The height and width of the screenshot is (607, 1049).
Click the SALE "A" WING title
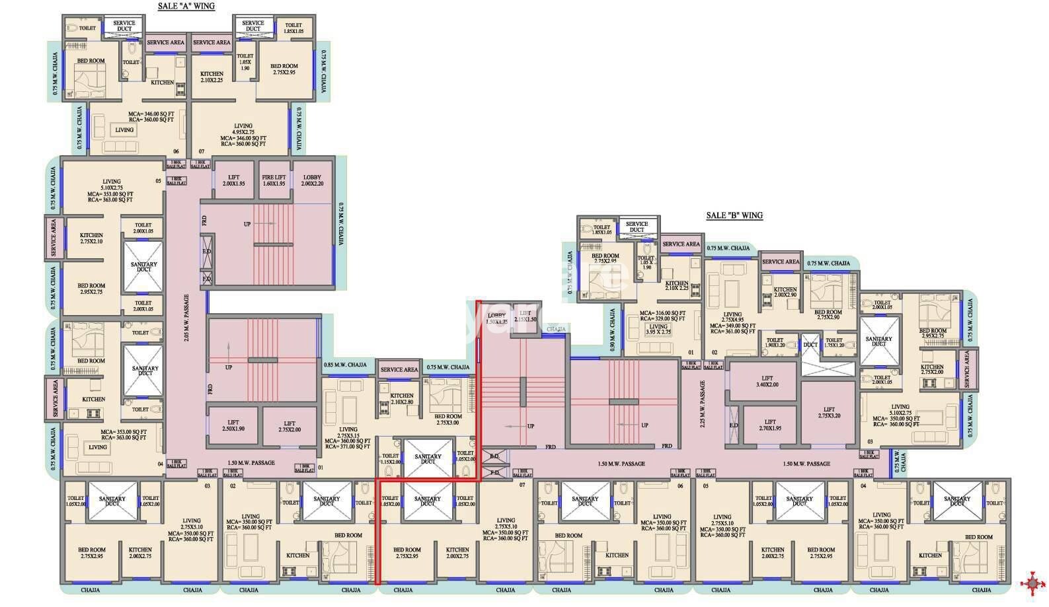(186, 6)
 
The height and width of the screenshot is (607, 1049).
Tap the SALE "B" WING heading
(734, 215)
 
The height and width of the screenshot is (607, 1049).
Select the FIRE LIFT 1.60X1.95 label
(274, 180)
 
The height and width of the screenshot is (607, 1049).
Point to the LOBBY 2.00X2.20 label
(312, 180)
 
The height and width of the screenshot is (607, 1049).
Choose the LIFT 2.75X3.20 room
(829, 413)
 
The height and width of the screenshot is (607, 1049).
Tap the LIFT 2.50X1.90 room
(233, 426)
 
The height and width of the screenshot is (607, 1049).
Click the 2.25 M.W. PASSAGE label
(703, 404)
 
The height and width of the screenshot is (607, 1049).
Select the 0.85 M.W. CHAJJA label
(345, 365)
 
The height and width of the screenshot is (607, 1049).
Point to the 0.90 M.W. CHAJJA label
(613, 330)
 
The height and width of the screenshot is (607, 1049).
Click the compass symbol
(1031, 583)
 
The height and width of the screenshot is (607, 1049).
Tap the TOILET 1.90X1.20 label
(775, 343)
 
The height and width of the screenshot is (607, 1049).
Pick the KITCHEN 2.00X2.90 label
(785, 292)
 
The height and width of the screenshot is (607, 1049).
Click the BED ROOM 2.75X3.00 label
(448, 419)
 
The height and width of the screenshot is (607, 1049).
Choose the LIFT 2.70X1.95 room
(770, 425)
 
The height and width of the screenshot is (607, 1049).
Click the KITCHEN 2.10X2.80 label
(402, 399)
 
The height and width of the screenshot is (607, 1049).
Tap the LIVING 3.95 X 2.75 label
(658, 330)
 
